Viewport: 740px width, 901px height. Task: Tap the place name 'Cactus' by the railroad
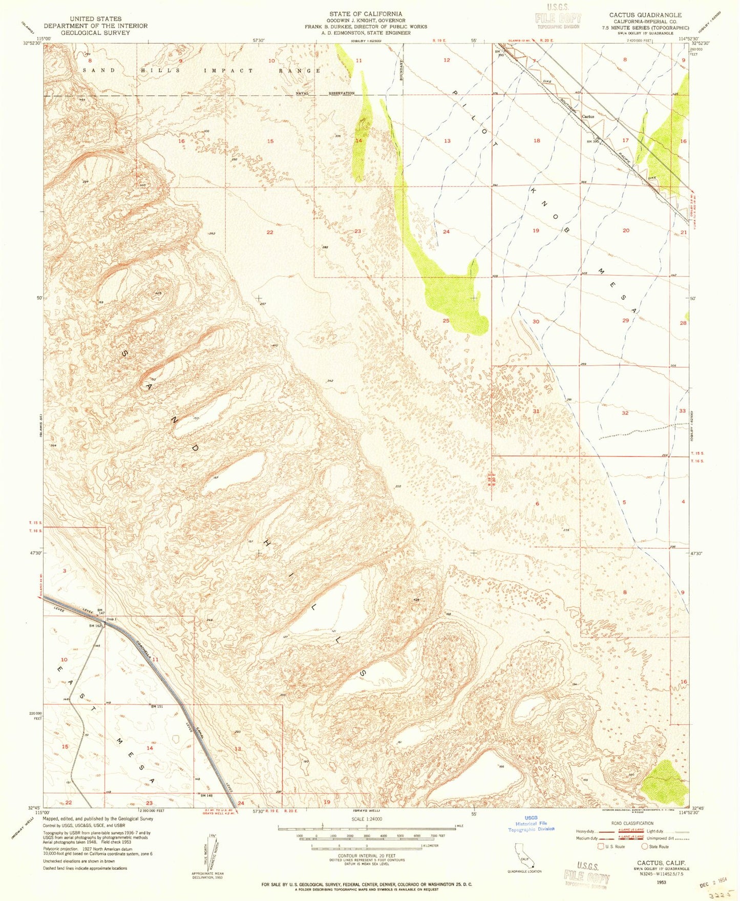(588, 116)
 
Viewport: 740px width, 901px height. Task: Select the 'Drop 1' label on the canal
(112, 620)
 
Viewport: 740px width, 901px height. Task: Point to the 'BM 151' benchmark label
(157, 707)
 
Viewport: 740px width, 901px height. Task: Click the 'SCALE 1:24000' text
(366, 819)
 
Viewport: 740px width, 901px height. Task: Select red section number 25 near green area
(446, 321)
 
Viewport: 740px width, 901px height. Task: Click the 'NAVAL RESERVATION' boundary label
(325, 93)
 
